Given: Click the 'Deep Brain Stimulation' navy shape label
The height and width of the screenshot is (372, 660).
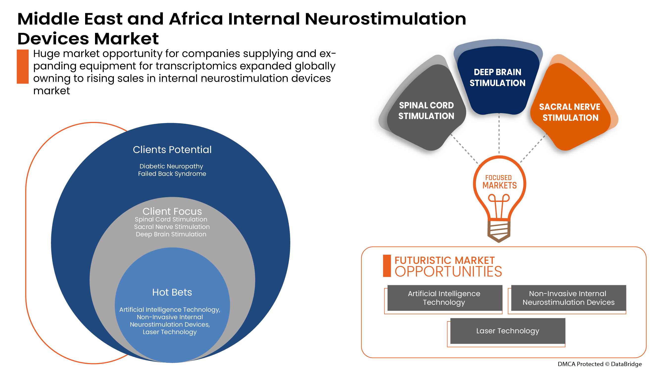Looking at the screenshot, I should [497, 77].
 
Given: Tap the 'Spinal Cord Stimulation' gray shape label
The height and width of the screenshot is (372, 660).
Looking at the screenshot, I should [426, 110].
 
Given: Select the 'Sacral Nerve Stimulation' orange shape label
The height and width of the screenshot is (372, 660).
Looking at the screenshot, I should [570, 112].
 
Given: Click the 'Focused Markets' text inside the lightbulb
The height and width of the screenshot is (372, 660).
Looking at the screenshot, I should [499, 182].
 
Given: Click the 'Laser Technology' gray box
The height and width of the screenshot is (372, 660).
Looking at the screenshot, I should [508, 331].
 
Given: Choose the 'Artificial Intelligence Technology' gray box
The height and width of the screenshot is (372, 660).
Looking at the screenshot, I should [444, 298].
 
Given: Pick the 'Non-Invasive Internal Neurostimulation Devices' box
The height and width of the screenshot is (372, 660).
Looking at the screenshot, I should [568, 298].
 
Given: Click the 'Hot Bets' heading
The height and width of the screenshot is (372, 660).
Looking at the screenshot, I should [172, 292].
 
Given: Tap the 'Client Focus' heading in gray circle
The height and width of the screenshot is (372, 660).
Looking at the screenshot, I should [172, 211].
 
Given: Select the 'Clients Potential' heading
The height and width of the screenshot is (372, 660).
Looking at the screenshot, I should [172, 149].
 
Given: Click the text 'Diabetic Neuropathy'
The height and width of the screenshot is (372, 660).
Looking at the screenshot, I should [171, 166].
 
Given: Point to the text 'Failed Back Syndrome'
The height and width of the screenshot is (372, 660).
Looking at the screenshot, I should [172, 174].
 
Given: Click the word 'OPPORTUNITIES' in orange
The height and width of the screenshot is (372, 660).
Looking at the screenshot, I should [448, 272].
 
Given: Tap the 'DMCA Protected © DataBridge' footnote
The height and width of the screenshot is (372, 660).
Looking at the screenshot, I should [599, 364].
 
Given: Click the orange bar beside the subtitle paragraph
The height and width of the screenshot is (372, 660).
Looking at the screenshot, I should [23, 66].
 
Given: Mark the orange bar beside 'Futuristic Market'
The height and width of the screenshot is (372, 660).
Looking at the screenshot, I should [387, 266].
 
